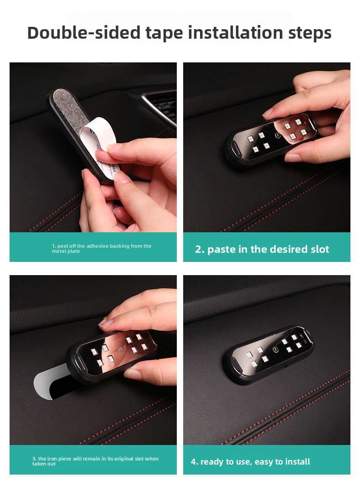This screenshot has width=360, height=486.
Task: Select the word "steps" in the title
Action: coord(310,33)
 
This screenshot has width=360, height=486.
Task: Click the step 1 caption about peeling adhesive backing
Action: coord(101,248)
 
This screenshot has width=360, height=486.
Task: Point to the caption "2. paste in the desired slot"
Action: coord(262,249)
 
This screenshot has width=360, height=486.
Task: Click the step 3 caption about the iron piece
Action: coord(95,461)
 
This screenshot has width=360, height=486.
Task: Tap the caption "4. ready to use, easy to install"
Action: coord(250,461)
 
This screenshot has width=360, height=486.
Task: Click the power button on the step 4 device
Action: coord(275,350)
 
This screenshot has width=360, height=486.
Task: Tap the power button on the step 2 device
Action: coord(278,135)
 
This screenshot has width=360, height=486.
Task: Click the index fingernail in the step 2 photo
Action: coord(268,112)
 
